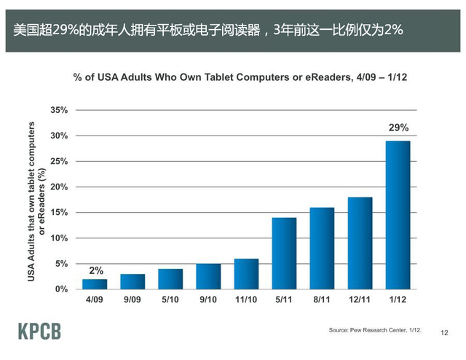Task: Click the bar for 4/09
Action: pyautogui.click(x=95, y=284)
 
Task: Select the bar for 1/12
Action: pyautogui.click(x=398, y=215)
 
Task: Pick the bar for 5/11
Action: pyautogui.click(x=284, y=254)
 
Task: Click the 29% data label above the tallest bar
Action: pyautogui.click(x=398, y=128)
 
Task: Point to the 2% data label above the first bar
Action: pyautogui.click(x=95, y=270)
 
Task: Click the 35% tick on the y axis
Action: pyautogui.click(x=59, y=110)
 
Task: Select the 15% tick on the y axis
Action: pyautogui.click(x=59, y=213)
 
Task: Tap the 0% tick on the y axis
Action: pyautogui.click(x=61, y=289)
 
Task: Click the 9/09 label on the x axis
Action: pyautogui.click(x=133, y=300)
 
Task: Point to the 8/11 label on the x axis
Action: pyautogui.click(x=322, y=300)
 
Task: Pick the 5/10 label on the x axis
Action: pyautogui.click(x=170, y=300)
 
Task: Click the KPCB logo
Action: pyautogui.click(x=40, y=332)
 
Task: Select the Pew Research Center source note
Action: pyautogui.click(x=375, y=331)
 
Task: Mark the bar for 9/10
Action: pyautogui.click(x=208, y=276)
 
